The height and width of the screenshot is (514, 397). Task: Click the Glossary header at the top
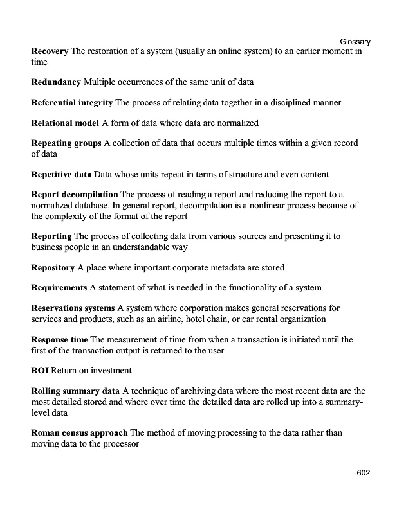355,42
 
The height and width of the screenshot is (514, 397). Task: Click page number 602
363,474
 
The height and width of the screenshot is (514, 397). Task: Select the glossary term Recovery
50,51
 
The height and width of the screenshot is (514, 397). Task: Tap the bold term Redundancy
56,82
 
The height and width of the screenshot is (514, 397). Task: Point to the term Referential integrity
72,102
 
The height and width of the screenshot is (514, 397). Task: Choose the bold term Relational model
65,123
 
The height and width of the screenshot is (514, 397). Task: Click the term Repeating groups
66,143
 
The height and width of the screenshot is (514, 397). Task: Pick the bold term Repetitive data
61,174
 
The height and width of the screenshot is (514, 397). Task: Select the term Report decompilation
75,195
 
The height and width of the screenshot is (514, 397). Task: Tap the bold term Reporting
52,236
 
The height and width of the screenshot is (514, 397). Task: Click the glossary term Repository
53,267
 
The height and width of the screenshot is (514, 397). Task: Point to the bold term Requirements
59,287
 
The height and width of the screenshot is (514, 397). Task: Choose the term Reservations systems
73,308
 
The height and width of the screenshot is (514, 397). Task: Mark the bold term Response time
60,339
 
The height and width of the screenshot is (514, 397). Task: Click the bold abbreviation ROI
40,370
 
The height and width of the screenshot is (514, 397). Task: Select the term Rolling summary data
75,391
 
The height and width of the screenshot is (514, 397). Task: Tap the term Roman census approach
79,433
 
